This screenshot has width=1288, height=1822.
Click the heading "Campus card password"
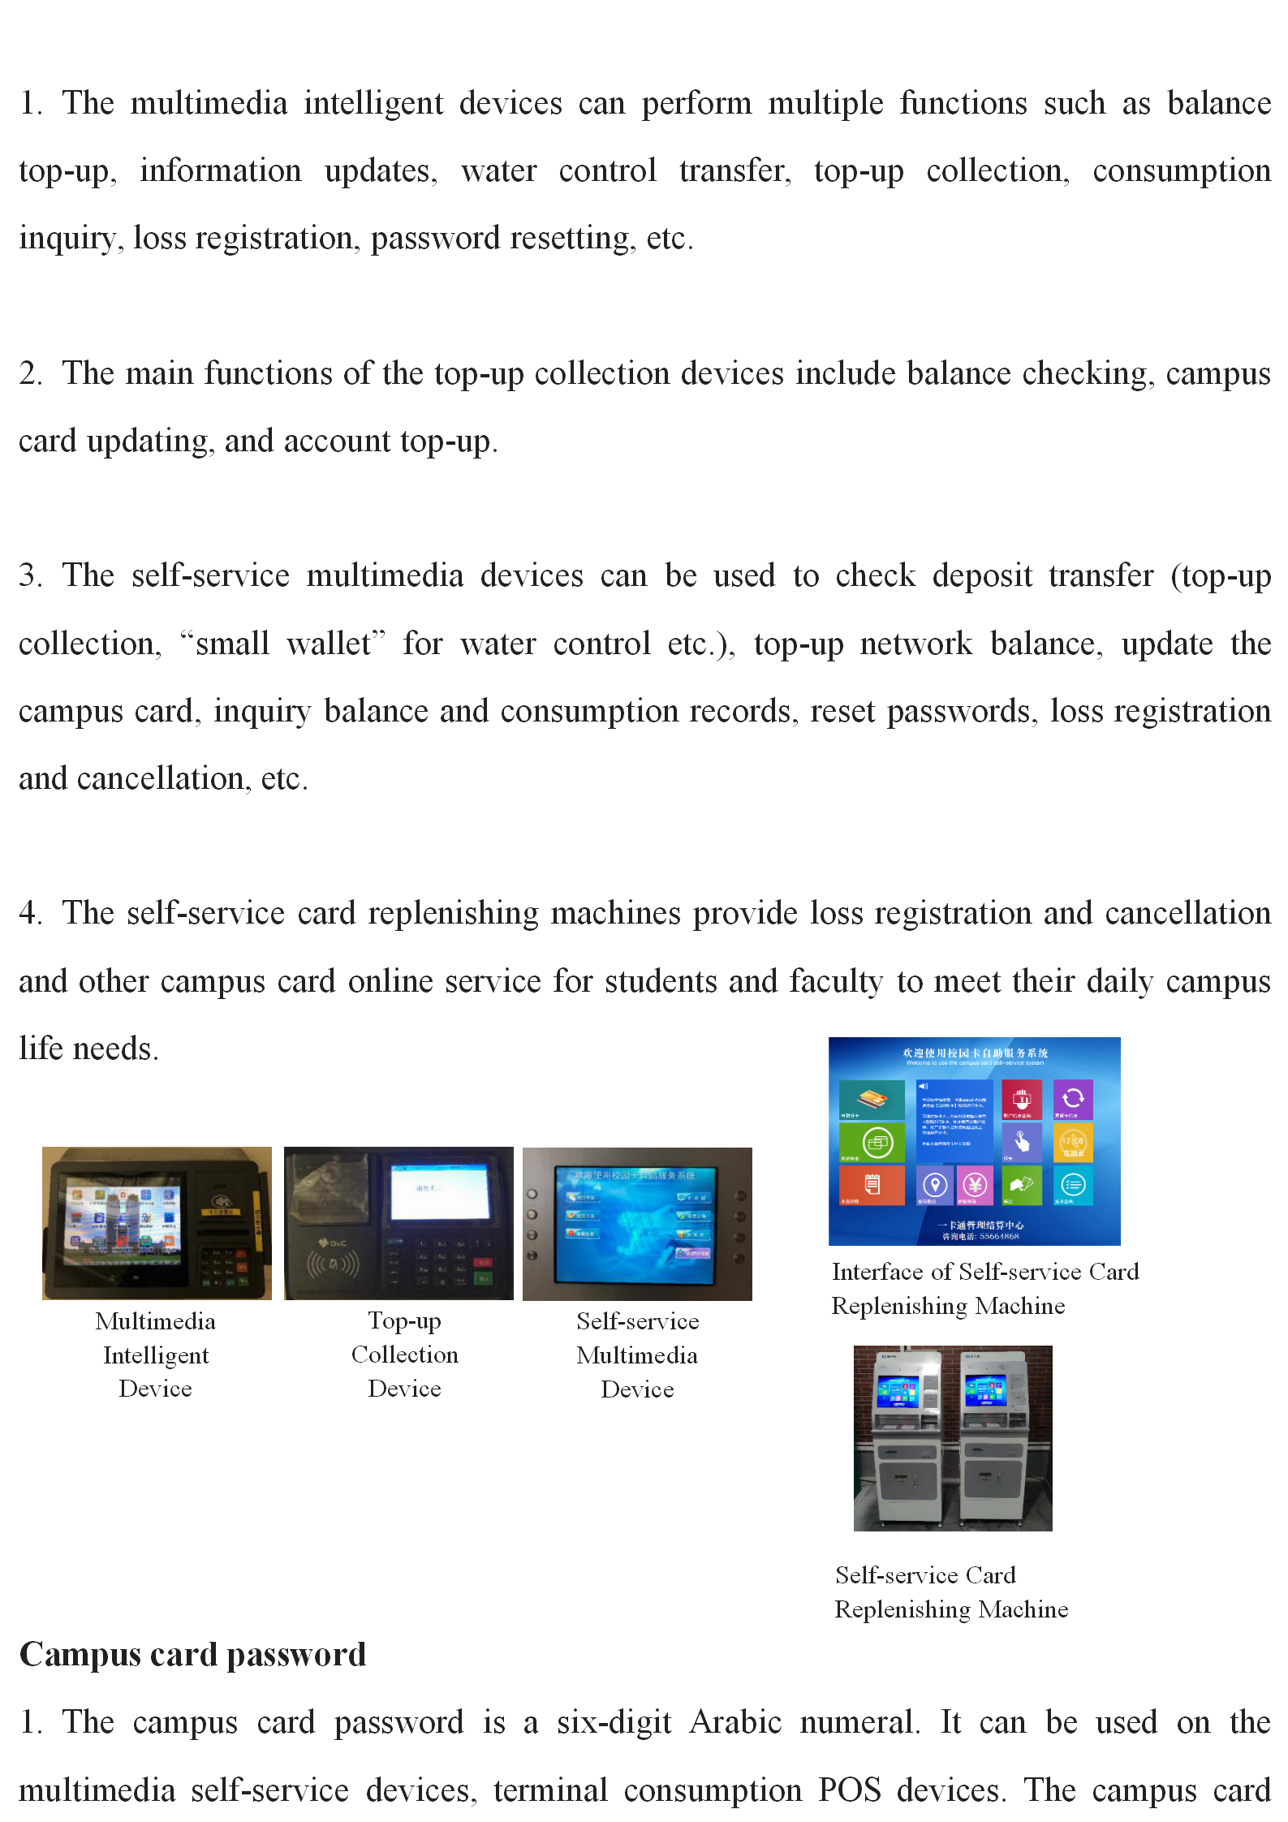tap(193, 1655)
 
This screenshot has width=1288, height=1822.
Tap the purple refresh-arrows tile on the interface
tap(1073, 1099)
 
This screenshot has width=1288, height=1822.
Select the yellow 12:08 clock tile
tap(1073, 1142)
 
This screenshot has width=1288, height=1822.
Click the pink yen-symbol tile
tap(975, 1185)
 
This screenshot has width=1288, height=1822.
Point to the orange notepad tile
tap(872, 1185)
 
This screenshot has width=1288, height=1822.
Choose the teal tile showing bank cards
tap(872, 1100)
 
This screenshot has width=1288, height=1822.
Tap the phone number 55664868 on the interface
tap(999, 1237)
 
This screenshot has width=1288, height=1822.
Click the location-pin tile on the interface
tap(935, 1185)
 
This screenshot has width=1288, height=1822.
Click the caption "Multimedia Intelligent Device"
tap(156, 1355)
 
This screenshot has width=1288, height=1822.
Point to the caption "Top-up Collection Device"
tap(404, 1355)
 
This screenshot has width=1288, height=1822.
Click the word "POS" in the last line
tap(849, 1790)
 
